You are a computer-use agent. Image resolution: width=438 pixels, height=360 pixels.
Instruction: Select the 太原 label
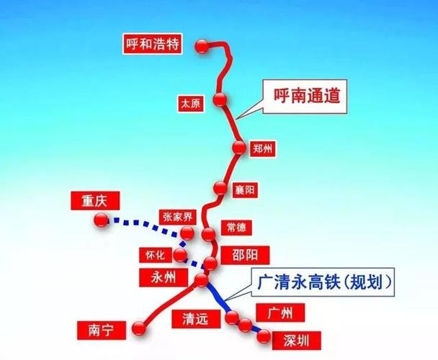tap(192, 104)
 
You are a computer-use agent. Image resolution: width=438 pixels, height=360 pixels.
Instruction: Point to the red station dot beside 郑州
tap(238, 148)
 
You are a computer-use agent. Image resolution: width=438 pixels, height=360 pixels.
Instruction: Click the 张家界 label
tap(176, 215)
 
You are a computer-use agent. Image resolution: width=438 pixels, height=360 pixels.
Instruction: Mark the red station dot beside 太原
tap(220, 100)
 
